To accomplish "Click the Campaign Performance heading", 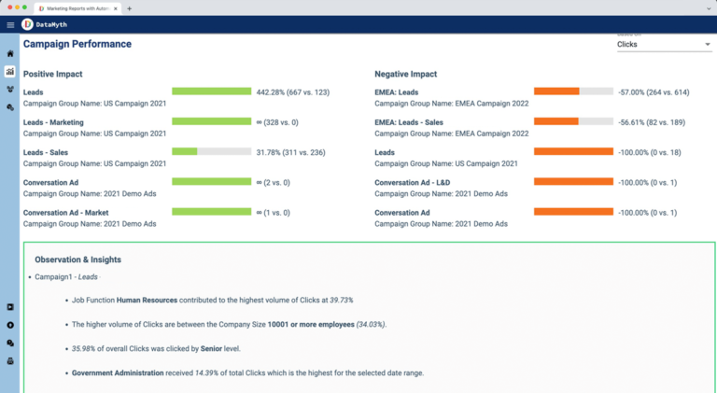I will [77, 44].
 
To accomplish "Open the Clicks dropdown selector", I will [664, 44].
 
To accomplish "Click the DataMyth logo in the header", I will [27, 24].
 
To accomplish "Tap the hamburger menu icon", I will [10, 24].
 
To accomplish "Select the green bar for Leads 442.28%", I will [212, 91].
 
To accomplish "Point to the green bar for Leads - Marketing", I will [212, 121].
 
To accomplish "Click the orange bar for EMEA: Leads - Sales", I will [573, 121].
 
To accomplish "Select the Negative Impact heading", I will [405, 74].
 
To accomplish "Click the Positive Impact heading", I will [53, 74].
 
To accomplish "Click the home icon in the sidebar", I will [10, 53].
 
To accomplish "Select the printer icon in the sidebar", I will [10, 360].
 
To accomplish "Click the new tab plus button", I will [129, 7].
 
